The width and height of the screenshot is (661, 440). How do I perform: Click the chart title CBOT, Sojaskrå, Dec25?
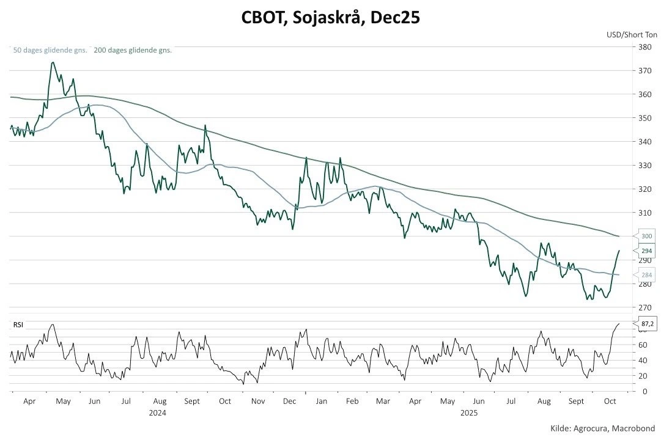[330, 18]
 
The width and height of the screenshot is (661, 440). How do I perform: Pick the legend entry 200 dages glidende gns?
[133, 50]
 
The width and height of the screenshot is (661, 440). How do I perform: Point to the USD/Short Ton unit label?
[632, 35]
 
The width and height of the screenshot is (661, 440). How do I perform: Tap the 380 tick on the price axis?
[644, 47]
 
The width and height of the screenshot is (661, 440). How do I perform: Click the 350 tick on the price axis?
[644, 118]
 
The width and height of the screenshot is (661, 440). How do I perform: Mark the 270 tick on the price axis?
[644, 307]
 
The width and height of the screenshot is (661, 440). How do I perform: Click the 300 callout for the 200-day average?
[646, 236]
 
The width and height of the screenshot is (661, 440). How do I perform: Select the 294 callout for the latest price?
[646, 251]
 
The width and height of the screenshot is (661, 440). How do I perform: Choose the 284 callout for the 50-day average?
[646, 275]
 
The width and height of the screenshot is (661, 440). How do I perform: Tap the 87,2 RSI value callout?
[648, 324]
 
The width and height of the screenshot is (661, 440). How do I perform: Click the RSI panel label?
[18, 325]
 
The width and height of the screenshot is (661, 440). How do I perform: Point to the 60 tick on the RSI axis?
[642, 345]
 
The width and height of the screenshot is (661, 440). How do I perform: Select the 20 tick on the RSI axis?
[642, 376]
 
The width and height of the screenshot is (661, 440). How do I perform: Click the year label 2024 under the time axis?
[158, 413]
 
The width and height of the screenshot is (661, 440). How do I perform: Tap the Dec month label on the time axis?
[290, 402]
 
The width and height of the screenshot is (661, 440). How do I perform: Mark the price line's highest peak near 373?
[53, 62]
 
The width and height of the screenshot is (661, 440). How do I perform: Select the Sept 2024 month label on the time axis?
[191, 402]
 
